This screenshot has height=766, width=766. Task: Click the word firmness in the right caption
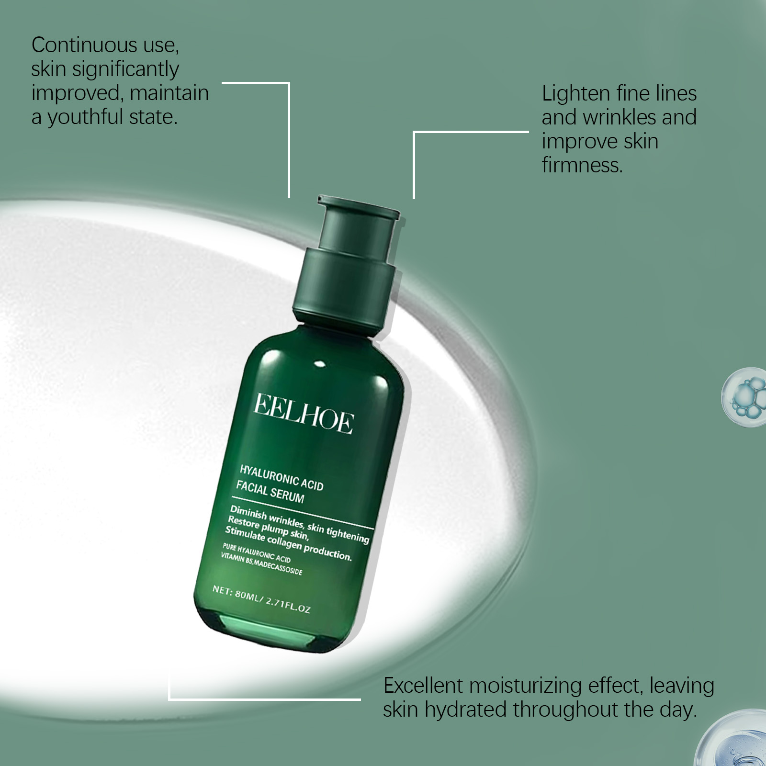pos(582,165)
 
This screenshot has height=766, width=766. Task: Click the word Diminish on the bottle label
pos(248,512)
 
